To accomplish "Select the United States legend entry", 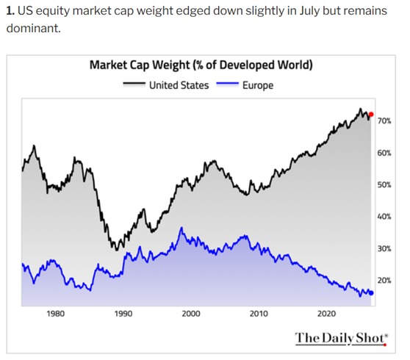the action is (166, 85).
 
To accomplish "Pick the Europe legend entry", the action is (245, 85).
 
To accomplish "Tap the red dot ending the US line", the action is (371, 115).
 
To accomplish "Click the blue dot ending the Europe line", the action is (371, 293).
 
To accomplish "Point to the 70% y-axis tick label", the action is (384, 120).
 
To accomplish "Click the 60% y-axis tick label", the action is (384, 153).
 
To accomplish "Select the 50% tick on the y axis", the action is (384, 185).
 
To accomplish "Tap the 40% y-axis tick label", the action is (384, 217).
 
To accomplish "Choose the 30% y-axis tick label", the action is (384, 248).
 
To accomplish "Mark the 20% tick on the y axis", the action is (384, 281).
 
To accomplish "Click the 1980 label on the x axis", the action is (55, 314).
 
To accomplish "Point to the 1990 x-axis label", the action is (123, 314).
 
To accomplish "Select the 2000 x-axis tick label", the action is (191, 314).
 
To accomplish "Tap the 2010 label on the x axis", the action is (259, 314).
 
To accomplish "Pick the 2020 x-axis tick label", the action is (326, 314).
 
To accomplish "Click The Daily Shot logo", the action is (342, 339).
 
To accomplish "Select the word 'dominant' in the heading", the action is (33, 28).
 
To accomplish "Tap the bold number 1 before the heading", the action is (10, 11).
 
